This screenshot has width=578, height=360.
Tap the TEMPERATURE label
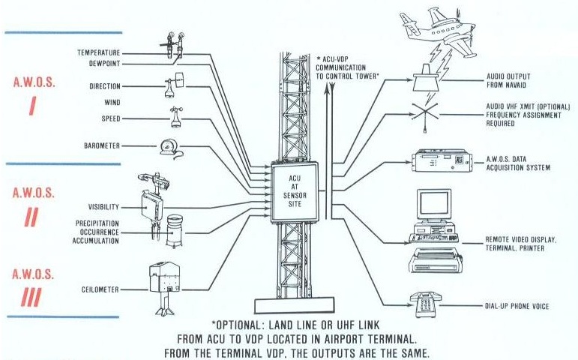(x=99, y=53)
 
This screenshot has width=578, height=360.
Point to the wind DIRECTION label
(x=104, y=86)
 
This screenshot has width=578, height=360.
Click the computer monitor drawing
(x=433, y=205)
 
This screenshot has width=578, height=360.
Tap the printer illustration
(x=436, y=259)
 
